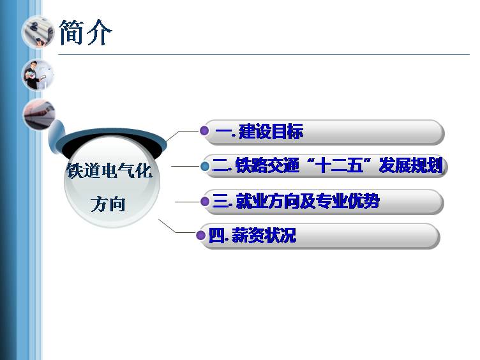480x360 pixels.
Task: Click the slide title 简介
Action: (86, 32)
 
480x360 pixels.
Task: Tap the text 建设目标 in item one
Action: (271, 131)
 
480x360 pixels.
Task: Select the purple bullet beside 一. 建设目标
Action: (204, 131)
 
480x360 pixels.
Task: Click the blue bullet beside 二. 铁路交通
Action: (205, 166)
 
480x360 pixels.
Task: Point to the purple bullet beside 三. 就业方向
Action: (205, 202)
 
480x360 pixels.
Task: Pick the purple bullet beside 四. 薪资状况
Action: (201, 236)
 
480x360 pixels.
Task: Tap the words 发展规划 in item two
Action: (411, 165)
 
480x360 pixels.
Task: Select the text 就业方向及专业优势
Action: (308, 201)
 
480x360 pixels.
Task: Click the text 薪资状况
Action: (264, 236)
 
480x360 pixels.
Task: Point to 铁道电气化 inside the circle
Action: (109, 170)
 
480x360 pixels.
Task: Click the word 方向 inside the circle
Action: (108, 204)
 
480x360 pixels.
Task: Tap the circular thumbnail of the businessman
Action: (38, 75)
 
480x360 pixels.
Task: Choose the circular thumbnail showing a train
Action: (40, 115)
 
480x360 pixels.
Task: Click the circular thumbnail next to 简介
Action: (38, 33)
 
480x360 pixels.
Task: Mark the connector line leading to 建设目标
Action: (183, 135)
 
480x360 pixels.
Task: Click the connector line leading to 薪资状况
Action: (177, 227)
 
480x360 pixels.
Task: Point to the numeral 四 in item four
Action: (217, 236)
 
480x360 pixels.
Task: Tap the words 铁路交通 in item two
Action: (267, 165)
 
